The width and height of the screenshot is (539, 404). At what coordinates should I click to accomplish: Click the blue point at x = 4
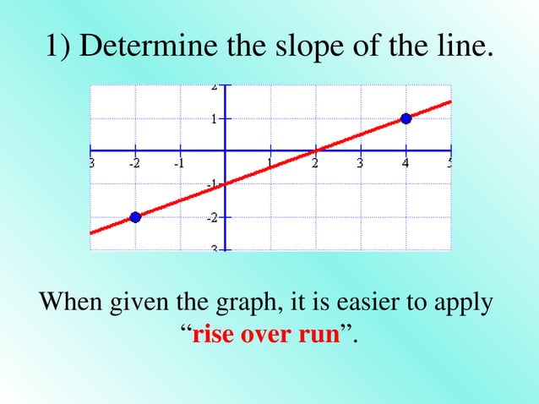tap(406, 119)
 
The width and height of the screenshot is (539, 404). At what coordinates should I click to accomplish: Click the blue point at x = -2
tap(135, 217)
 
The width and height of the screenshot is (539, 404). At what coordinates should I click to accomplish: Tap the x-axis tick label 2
tap(314, 164)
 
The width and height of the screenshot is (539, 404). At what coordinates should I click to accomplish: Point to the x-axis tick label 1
tap(269, 164)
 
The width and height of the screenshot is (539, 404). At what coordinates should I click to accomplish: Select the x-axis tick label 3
tap(360, 164)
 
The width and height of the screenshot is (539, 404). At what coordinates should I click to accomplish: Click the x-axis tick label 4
tap(406, 164)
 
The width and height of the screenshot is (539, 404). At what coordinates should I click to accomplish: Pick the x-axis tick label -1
tap(178, 164)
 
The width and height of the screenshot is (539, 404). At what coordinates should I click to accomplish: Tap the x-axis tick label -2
tap(133, 164)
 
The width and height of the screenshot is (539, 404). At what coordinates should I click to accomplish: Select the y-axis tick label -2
tap(213, 217)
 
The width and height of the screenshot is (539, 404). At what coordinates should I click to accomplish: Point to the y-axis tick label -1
tap(213, 183)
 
